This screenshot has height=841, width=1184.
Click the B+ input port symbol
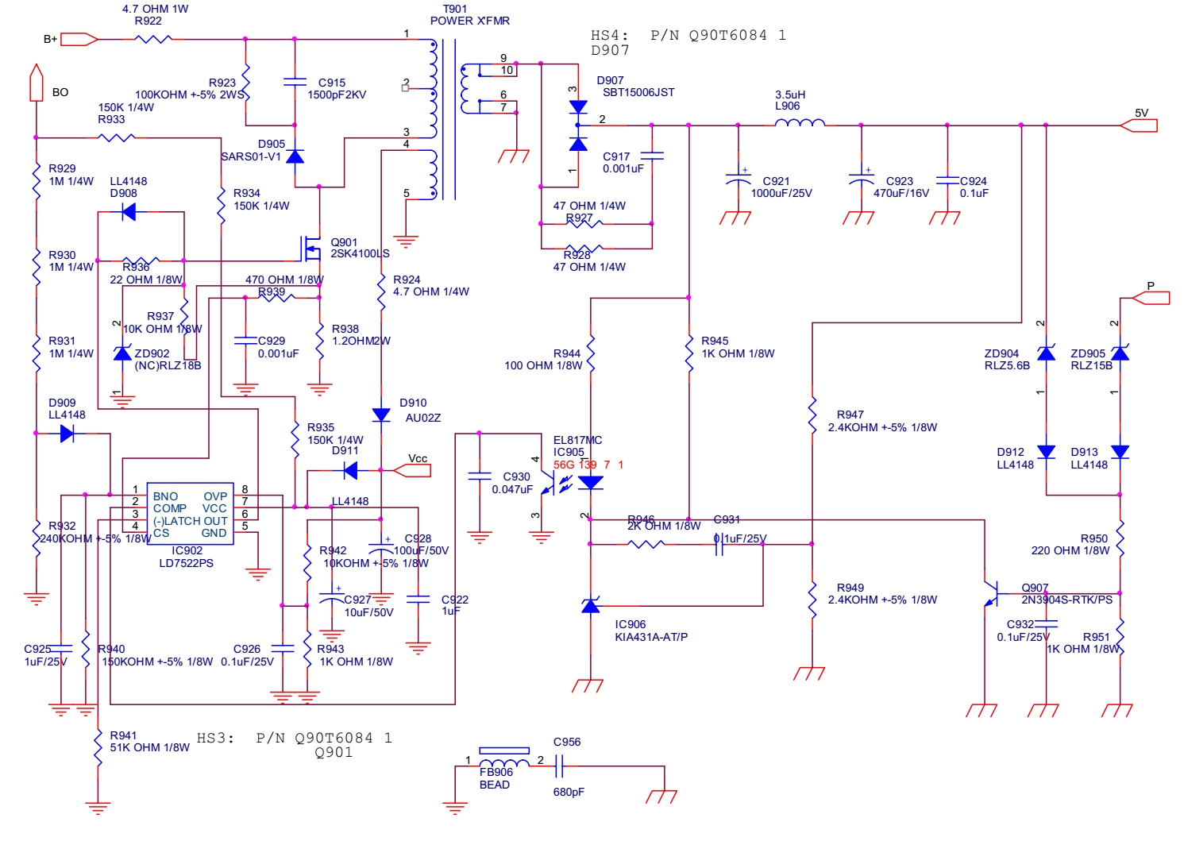point(79,39)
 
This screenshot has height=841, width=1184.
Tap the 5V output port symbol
point(1139,125)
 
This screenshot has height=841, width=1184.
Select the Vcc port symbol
point(412,470)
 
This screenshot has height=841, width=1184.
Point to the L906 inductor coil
point(800,123)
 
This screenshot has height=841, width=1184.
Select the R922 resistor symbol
point(154,38)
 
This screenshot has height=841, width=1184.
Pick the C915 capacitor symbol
point(295,82)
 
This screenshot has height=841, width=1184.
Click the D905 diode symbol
point(295,156)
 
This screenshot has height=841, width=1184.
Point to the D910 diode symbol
point(381,415)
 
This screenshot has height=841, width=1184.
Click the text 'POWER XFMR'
point(470,21)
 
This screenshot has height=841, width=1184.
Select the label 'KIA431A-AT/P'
point(651,637)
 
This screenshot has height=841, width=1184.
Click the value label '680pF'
point(569,792)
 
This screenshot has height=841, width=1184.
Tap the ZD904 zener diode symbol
point(1046,353)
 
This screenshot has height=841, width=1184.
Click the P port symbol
point(1151,298)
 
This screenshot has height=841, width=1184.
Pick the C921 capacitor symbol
point(738,181)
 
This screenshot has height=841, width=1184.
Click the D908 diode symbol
point(128,212)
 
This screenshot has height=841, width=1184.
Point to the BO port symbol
point(36,83)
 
